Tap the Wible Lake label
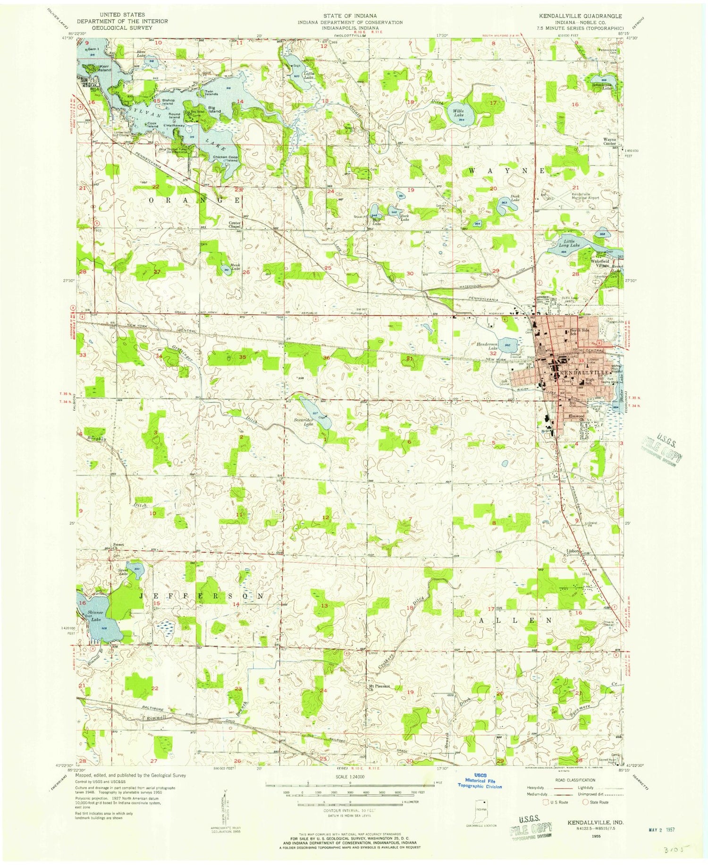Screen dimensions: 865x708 click(458, 113)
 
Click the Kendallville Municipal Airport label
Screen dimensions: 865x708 click(585, 196)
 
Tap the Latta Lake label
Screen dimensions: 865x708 click(310, 74)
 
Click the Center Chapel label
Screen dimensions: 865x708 click(235, 225)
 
